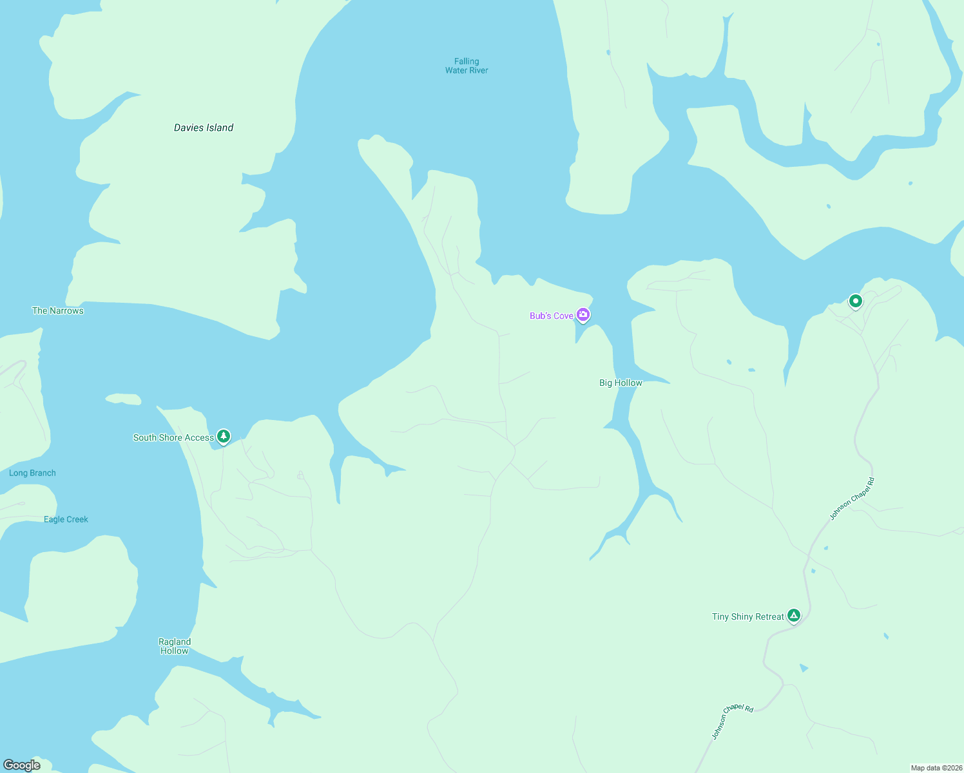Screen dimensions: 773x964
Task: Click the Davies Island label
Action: (204, 128)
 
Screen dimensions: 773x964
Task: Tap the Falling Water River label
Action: (467, 66)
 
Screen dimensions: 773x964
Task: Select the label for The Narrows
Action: (58, 310)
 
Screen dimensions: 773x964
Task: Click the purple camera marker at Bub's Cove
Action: (583, 314)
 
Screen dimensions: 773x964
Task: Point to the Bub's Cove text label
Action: (551, 316)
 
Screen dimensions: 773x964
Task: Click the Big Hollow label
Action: (621, 383)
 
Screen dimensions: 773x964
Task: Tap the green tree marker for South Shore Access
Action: (224, 437)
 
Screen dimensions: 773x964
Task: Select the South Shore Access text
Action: (173, 437)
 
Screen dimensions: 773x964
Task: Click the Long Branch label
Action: (32, 473)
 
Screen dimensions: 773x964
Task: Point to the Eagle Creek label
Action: (66, 519)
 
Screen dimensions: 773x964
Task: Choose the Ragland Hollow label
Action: (175, 646)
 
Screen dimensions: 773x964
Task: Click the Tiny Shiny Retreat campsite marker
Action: (794, 616)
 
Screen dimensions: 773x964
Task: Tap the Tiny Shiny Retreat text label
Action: (747, 616)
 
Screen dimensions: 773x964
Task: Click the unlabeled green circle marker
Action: (855, 301)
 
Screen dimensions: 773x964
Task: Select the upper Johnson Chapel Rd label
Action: (852, 499)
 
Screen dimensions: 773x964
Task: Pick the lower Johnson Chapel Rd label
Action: (732, 721)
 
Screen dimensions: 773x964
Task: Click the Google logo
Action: (22, 765)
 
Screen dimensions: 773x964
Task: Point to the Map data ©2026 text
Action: (936, 768)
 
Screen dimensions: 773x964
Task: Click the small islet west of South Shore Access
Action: (123, 399)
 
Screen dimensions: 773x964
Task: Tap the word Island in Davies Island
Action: (220, 128)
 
